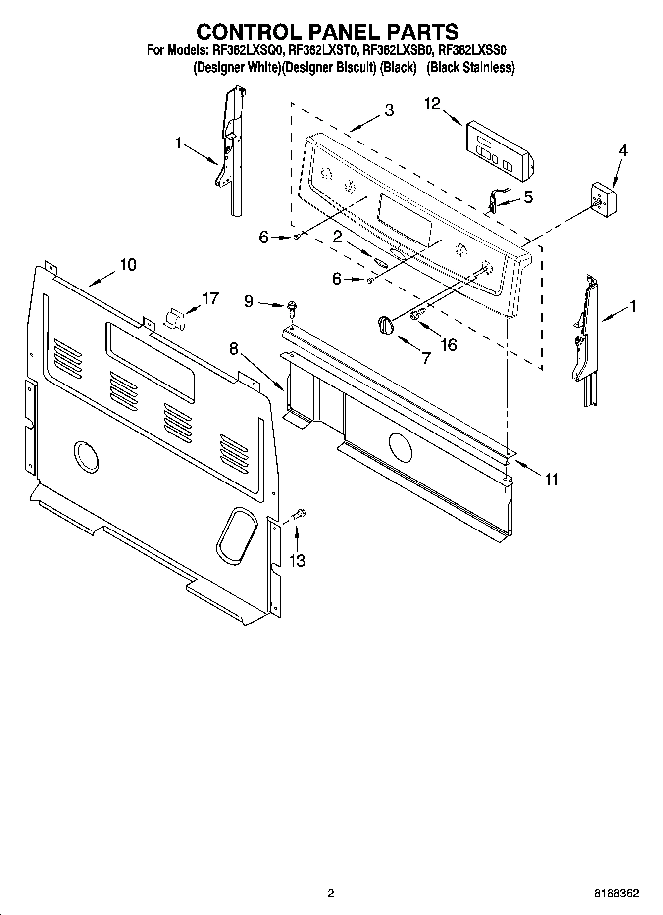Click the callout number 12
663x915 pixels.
click(x=432, y=104)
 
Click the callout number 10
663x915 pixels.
click(x=128, y=265)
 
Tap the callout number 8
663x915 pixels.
click(x=233, y=349)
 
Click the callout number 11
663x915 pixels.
click(x=551, y=479)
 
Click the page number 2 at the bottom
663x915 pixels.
click(x=331, y=893)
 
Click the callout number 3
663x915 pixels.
click(x=389, y=110)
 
